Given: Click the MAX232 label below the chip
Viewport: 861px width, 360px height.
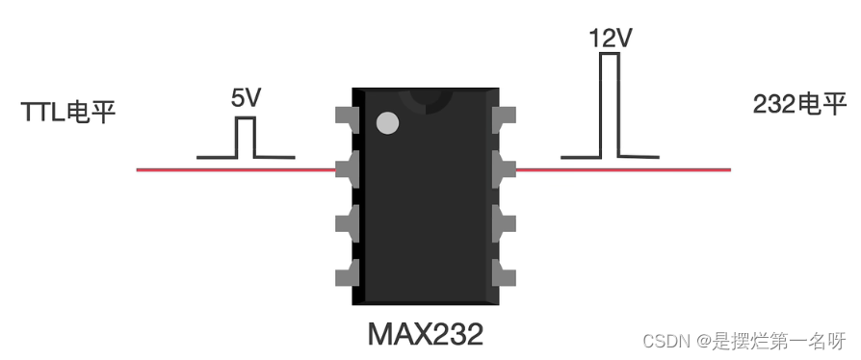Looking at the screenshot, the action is tap(426, 334).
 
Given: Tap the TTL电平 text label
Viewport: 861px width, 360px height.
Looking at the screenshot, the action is tap(68, 113).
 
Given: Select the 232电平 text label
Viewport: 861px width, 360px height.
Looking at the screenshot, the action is tap(799, 104).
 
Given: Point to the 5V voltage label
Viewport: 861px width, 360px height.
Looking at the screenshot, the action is tap(246, 98).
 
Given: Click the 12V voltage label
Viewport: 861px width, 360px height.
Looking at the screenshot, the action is tap(611, 39).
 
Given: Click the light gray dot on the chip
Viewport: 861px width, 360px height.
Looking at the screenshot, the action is tap(388, 123).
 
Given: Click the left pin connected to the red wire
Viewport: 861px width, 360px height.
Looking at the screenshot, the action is tap(347, 170).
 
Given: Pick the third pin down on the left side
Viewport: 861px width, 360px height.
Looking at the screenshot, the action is tap(347, 224).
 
